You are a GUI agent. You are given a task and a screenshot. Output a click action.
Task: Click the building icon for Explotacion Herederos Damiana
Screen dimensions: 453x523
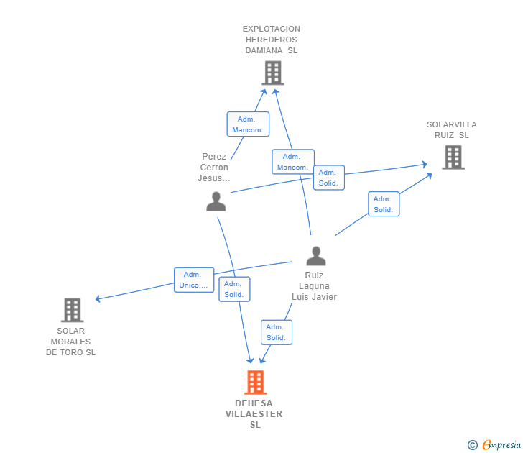pyautogui.click(x=272, y=73)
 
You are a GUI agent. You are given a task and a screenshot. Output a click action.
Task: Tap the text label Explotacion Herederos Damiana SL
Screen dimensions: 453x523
pyautogui.click(x=272, y=40)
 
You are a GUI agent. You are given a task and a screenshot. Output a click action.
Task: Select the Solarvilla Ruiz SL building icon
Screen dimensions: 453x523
pyautogui.click(x=453, y=157)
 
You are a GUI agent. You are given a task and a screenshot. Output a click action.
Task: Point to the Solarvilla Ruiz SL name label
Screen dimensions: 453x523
pyautogui.click(x=451, y=130)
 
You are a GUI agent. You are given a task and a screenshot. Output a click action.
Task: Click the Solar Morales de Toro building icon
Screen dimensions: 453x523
pyautogui.click(x=72, y=310)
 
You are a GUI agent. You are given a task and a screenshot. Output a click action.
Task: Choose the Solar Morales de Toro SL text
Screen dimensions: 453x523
pyautogui.click(x=70, y=342)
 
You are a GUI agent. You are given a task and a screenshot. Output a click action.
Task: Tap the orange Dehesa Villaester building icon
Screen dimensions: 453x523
pyautogui.click(x=255, y=382)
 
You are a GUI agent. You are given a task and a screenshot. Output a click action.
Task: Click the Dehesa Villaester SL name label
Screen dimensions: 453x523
pyautogui.click(x=254, y=414)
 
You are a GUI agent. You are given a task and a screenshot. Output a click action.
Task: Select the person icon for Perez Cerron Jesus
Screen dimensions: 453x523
pyautogui.click(x=216, y=201)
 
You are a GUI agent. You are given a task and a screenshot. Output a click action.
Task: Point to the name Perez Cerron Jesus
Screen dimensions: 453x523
pyautogui.click(x=214, y=168)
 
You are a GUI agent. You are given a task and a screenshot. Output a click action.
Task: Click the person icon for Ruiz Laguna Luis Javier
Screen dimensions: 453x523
pyautogui.click(x=315, y=256)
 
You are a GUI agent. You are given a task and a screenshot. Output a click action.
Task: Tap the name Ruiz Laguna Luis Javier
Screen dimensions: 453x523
pyautogui.click(x=314, y=286)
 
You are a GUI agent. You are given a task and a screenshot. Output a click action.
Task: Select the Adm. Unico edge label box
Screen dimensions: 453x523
pyautogui.click(x=194, y=280)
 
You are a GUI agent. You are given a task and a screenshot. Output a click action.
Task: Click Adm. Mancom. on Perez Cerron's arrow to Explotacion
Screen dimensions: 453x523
pyautogui.click(x=248, y=124)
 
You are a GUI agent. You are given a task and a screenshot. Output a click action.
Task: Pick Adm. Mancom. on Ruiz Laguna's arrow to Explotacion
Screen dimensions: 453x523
pyautogui.click(x=292, y=162)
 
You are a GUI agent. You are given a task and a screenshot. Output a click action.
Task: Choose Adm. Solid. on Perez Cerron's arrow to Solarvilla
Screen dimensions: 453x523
pyautogui.click(x=328, y=178)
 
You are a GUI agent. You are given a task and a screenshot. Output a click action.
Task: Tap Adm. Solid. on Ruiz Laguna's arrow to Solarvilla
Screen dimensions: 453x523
pyautogui.click(x=383, y=204)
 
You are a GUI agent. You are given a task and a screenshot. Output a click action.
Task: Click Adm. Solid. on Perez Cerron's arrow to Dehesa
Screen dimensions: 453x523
pyautogui.click(x=234, y=289)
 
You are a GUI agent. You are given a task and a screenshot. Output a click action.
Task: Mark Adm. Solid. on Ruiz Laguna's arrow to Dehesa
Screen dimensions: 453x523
pyautogui.click(x=276, y=332)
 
